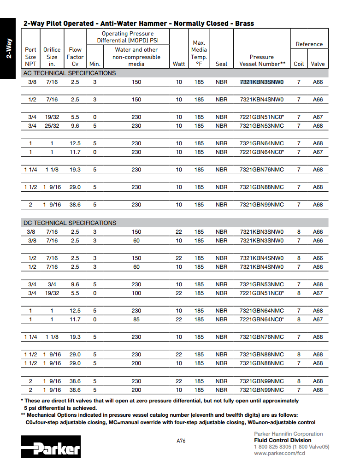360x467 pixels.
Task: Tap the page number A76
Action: coord(181,441)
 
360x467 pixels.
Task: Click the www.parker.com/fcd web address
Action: coord(279,453)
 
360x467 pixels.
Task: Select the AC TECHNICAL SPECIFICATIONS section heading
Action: coord(70,73)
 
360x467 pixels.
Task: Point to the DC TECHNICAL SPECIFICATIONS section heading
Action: coord(70,223)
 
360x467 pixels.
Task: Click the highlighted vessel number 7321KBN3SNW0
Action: coord(261,82)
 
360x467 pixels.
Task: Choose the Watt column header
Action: coord(178,64)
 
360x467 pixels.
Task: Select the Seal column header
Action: coord(221,64)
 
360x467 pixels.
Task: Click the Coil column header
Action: coord(299,64)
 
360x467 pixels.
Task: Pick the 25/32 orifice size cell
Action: coord(52,126)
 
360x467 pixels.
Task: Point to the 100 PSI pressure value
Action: coord(136,293)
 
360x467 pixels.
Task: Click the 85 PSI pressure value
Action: coord(136,319)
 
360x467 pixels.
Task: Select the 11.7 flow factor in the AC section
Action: coord(75,152)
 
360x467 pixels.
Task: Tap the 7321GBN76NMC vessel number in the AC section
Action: coord(261,170)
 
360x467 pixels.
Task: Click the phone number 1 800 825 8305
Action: coord(272,447)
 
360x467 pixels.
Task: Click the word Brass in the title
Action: coord(244,24)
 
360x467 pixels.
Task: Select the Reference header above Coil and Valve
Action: coord(309,44)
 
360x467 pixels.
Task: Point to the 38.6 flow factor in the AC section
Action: coord(75,205)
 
